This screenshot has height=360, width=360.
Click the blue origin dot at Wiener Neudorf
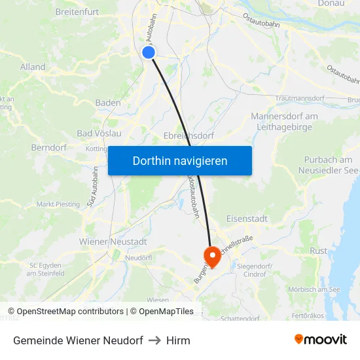[149, 52]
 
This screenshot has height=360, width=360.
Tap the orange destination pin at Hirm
[212, 255]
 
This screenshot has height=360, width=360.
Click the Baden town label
[108, 103]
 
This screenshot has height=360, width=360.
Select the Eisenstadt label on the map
[246, 219]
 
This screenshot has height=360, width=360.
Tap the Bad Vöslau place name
[99, 134]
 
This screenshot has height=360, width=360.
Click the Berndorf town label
[48, 148]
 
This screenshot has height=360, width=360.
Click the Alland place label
[33, 67]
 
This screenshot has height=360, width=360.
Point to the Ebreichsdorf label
[190, 136]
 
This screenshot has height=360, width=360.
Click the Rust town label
[318, 251]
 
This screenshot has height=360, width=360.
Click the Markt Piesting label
[58, 204]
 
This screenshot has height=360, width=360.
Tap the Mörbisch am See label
[314, 289]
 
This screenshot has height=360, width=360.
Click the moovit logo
[320, 340]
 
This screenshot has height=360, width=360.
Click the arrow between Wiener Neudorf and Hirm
[155, 340]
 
